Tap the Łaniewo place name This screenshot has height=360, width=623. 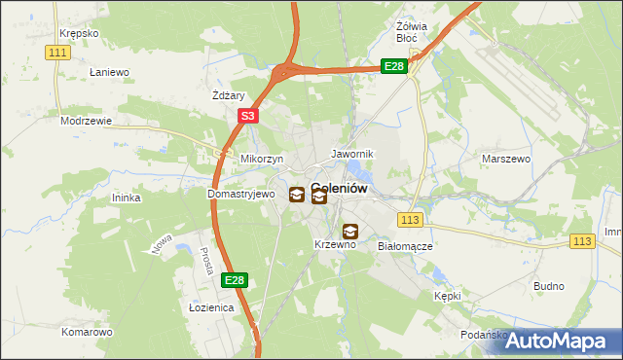(109, 72)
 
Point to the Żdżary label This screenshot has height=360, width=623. (228, 95)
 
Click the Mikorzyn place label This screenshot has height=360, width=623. (261, 158)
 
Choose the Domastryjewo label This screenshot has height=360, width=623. (235, 194)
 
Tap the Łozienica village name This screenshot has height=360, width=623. (211, 307)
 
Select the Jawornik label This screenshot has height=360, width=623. (351, 155)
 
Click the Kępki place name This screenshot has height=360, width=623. (447, 295)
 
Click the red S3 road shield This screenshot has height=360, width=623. (248, 116)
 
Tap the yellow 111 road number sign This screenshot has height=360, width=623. (58, 52)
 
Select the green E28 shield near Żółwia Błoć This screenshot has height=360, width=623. (393, 65)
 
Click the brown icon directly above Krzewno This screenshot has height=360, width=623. (349, 232)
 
